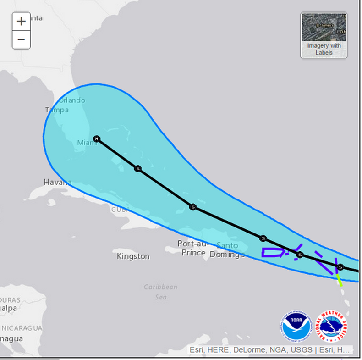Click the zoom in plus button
(21, 22)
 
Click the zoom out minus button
(21, 39)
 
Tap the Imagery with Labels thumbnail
(324, 35)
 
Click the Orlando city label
(71, 100)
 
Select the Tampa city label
(57, 110)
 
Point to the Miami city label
(87, 143)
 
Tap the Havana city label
(57, 182)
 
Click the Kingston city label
(133, 256)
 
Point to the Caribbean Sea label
(160, 292)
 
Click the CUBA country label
(120, 210)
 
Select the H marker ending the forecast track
(97, 138)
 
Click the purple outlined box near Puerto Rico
(273, 252)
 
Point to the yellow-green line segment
(339, 279)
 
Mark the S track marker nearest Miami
(137, 169)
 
